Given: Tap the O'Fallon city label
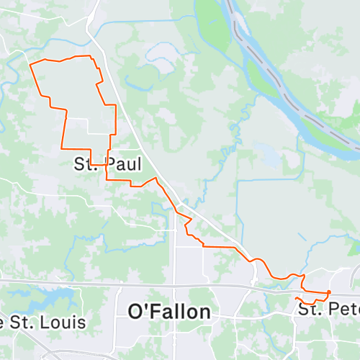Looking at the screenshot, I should point(169,312).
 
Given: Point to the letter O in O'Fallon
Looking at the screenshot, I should point(136,312).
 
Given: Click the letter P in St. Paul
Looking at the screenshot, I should point(110,164).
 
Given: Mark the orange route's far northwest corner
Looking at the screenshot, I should point(30,65).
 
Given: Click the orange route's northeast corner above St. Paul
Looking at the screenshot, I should point(91,56).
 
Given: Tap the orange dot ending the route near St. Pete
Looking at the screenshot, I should point(328,292).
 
